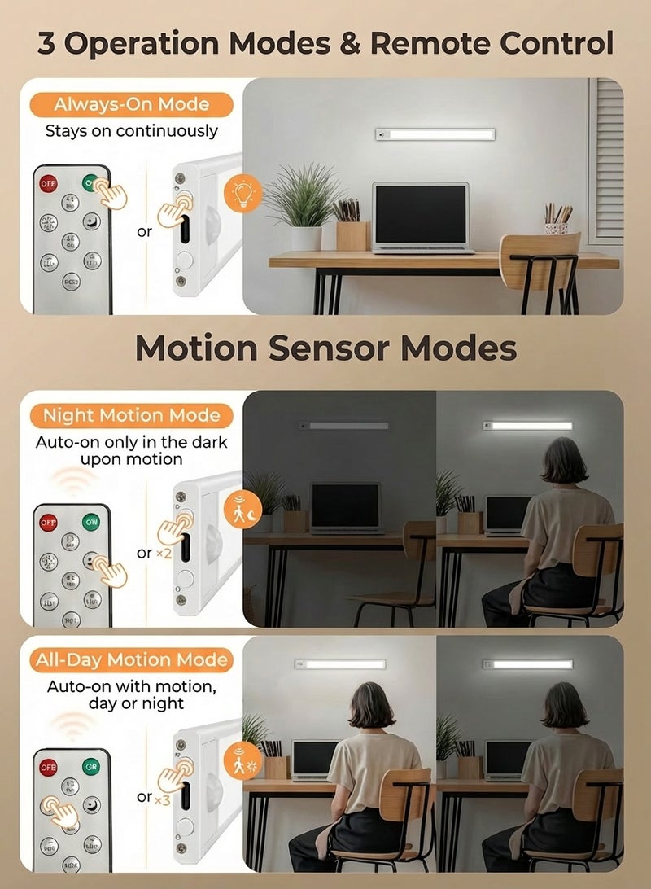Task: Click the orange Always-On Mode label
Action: pyautogui.click(x=131, y=104)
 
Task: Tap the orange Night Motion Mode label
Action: pyautogui.click(x=131, y=415)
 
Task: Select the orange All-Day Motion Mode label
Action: pyautogui.click(x=131, y=659)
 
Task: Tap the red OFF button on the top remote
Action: pyautogui.click(x=49, y=184)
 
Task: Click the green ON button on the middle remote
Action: pyautogui.click(x=91, y=522)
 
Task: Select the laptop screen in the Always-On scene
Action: pyautogui.click(x=421, y=214)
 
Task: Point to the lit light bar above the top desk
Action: pyautogui.click(x=435, y=134)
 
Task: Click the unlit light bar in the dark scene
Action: pyautogui.click(x=343, y=426)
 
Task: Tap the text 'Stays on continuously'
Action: pyautogui.click(x=131, y=130)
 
